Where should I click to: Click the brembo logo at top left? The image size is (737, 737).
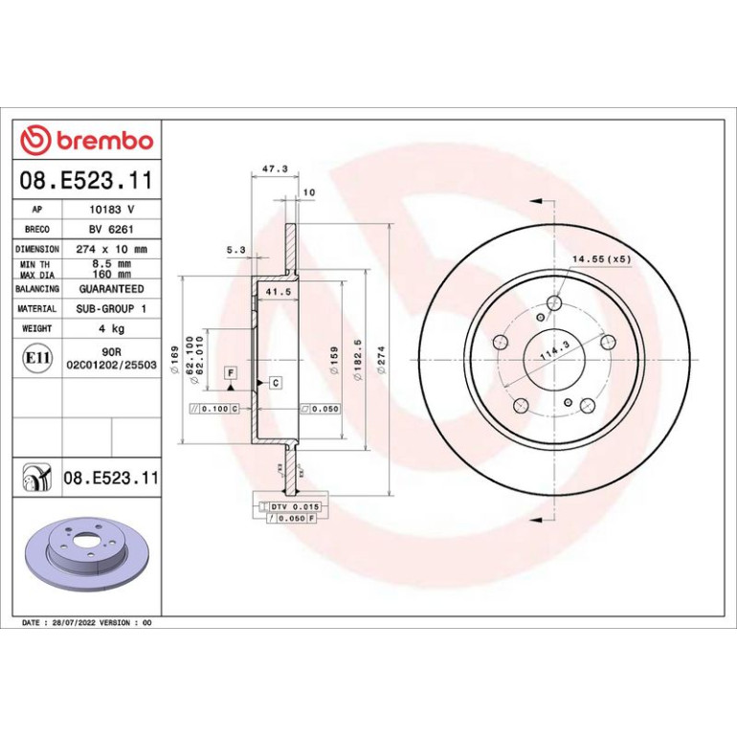click(x=87, y=140)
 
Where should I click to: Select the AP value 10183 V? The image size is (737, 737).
click(x=112, y=210)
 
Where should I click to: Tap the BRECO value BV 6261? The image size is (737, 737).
click(x=111, y=230)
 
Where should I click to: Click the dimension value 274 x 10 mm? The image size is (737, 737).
click(x=111, y=249)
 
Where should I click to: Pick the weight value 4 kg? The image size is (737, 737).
click(x=111, y=328)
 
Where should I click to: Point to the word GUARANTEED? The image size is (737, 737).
click(x=111, y=289)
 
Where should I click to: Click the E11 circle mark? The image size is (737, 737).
click(x=37, y=358)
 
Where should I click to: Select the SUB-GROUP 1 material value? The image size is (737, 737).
click(x=111, y=309)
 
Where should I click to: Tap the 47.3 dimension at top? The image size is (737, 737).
click(x=275, y=168)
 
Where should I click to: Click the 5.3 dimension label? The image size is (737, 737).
click(x=236, y=250)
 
